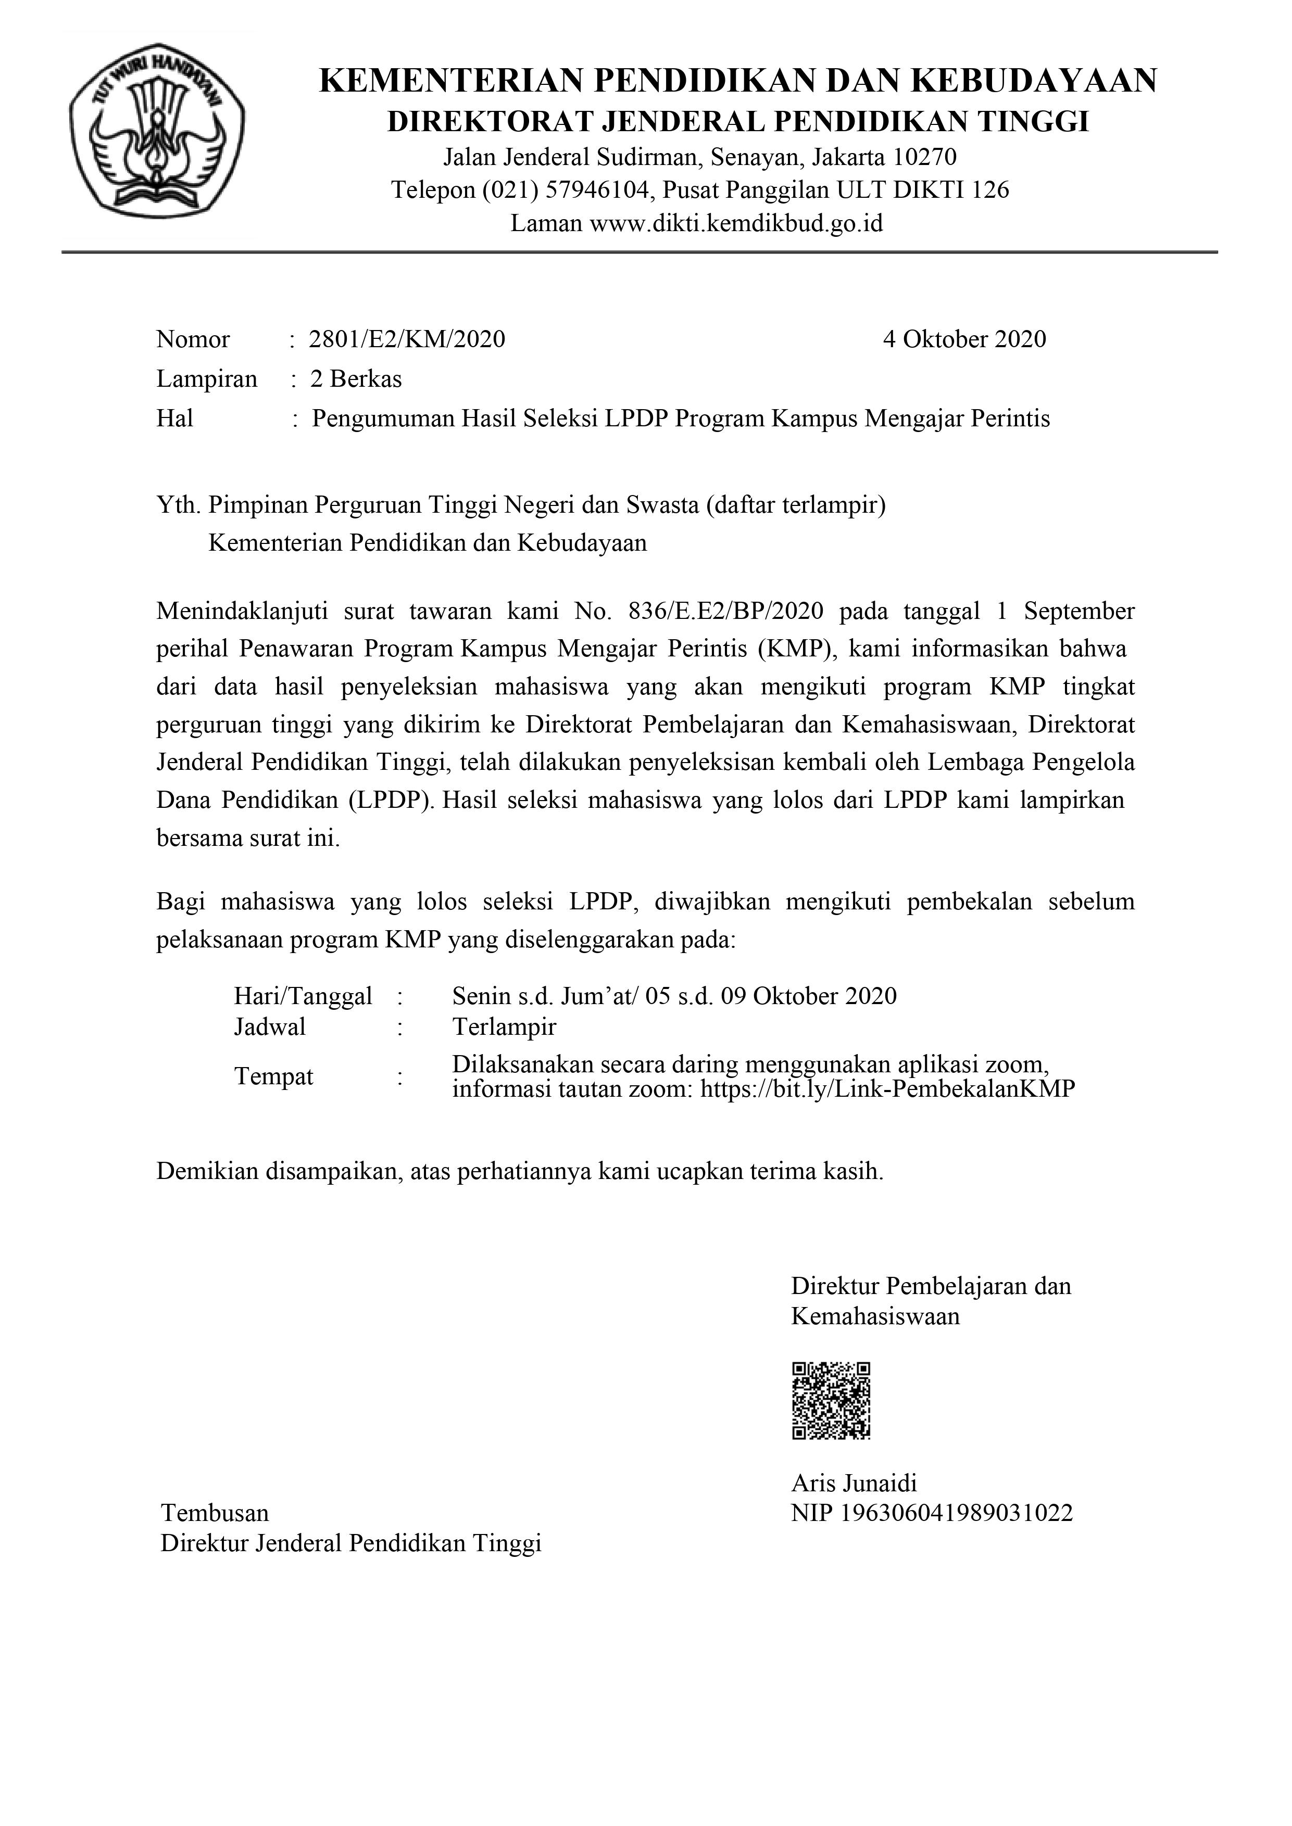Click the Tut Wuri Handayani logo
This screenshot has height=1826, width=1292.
(x=157, y=129)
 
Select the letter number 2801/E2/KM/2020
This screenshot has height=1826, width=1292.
(x=407, y=339)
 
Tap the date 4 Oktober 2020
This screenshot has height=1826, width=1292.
(x=964, y=339)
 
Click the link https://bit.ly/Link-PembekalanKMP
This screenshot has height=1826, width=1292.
(x=887, y=1089)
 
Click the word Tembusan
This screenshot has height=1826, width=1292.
(x=215, y=1513)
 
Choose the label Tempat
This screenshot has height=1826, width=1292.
(x=274, y=1077)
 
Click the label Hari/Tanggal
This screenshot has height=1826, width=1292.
(x=303, y=996)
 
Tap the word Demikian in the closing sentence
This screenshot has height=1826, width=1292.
(x=207, y=1172)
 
